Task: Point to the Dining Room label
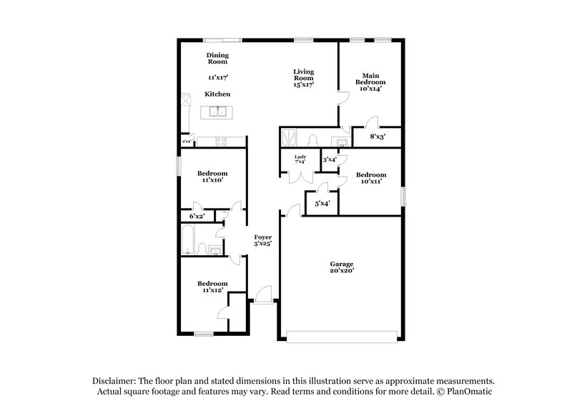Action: point(217,59)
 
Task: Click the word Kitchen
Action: point(217,94)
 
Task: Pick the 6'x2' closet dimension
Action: point(197,215)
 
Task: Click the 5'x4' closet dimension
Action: point(322,204)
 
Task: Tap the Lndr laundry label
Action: point(301,157)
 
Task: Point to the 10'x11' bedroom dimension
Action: point(371,182)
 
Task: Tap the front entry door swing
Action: point(265,294)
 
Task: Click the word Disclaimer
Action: point(115,381)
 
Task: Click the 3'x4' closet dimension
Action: point(330,160)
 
